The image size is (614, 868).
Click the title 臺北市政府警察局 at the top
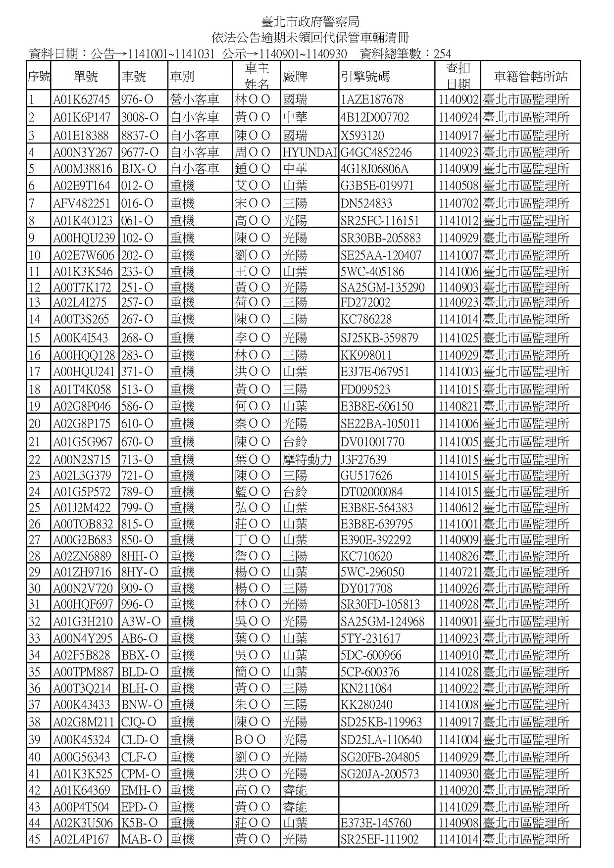click(x=310, y=22)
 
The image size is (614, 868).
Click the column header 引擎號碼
click(x=365, y=77)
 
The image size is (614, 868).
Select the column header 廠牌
click(x=295, y=77)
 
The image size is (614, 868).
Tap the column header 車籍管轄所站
click(x=530, y=77)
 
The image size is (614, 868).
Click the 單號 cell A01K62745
click(x=82, y=99)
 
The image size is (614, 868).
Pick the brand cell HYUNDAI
click(x=309, y=152)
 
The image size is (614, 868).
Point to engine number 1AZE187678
click(x=372, y=99)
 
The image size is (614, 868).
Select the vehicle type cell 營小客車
click(x=194, y=99)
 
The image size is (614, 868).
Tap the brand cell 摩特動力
click(x=307, y=460)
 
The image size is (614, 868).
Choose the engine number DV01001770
click(x=372, y=442)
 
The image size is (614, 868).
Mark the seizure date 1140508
click(x=458, y=186)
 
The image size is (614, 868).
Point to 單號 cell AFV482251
click(x=82, y=203)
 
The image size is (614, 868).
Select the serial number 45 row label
click(x=35, y=839)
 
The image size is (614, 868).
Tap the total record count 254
click(x=442, y=54)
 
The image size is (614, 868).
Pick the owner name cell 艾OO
click(x=253, y=186)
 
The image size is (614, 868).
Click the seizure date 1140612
click(x=458, y=508)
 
